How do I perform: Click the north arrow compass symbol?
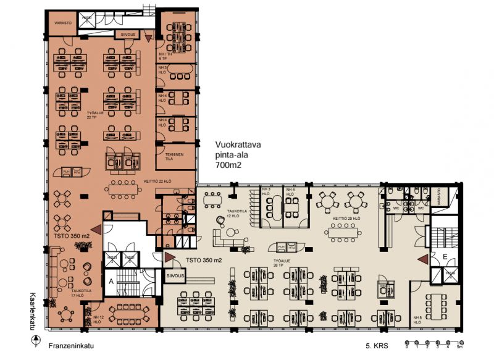pos(37,340)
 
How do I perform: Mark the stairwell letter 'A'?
pos(112,280)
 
